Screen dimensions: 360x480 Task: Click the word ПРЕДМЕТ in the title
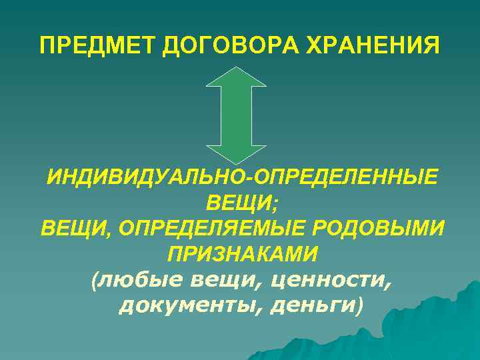pyautogui.click(x=98, y=46)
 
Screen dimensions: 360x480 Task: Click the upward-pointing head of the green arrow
pyautogui.click(x=236, y=76)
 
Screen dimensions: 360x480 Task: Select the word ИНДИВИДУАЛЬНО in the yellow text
pyautogui.click(x=144, y=178)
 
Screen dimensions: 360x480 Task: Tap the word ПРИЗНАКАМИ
pyautogui.click(x=240, y=254)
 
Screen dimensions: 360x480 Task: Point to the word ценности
pyautogui.click(x=329, y=280)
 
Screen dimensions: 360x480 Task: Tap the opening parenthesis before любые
pyautogui.click(x=93, y=280)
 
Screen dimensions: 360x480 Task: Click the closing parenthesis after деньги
pyautogui.click(x=360, y=305)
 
